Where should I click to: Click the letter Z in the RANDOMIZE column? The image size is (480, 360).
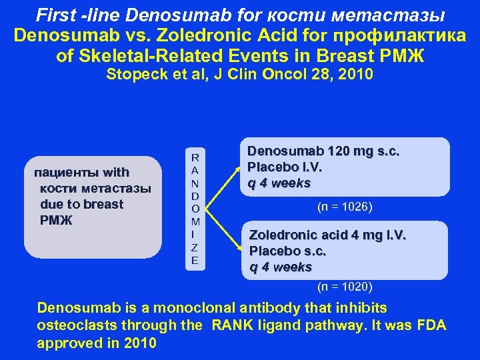point(195,247)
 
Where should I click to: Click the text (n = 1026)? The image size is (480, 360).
point(345,207)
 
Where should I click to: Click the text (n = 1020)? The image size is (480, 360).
point(345,287)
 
